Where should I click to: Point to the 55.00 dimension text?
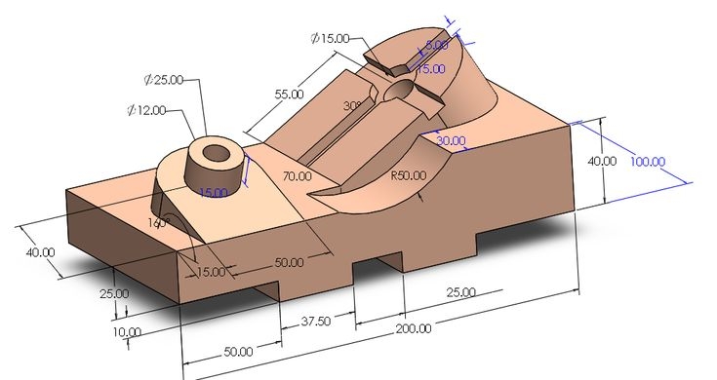pyautogui.click(x=290, y=95)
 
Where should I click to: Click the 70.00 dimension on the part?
pyautogui.click(x=297, y=176)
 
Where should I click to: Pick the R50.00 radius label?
pyautogui.click(x=409, y=177)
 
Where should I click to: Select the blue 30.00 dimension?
pyautogui.click(x=451, y=140)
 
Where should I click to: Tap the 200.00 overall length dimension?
pyautogui.click(x=413, y=328)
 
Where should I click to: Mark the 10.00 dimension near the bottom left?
pyautogui.click(x=127, y=331)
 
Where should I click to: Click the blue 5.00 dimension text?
pyautogui.click(x=437, y=45)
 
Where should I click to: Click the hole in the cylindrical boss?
pyautogui.click(x=214, y=153)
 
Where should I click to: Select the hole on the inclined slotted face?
pyautogui.click(x=400, y=91)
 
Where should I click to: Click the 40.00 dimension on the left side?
pyautogui.click(x=41, y=252)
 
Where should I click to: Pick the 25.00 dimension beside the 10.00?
pyautogui.click(x=113, y=293)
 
